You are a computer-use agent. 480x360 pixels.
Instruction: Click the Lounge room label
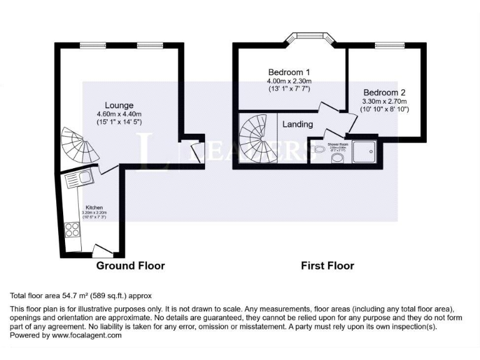pos(119,105)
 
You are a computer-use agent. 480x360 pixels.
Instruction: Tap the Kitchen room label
pos(94,207)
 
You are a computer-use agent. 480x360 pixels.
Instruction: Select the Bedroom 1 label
pos(289,72)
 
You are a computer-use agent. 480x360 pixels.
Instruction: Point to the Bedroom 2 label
pos(384,92)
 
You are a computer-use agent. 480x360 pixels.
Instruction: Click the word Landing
pos(297,124)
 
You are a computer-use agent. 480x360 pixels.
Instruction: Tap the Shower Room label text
pos(337,144)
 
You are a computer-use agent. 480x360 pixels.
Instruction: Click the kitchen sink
pos(78,179)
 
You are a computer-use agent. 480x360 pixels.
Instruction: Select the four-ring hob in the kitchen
pos(72,229)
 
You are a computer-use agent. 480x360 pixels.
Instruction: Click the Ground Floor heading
pos(130,266)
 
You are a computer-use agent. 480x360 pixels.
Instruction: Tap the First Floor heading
pos(327,266)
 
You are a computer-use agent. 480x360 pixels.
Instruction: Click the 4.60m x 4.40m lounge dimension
pos(119,114)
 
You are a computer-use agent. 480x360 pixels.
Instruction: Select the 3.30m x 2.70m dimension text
pos(384,101)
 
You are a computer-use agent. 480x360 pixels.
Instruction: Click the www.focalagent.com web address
pos(87,335)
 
